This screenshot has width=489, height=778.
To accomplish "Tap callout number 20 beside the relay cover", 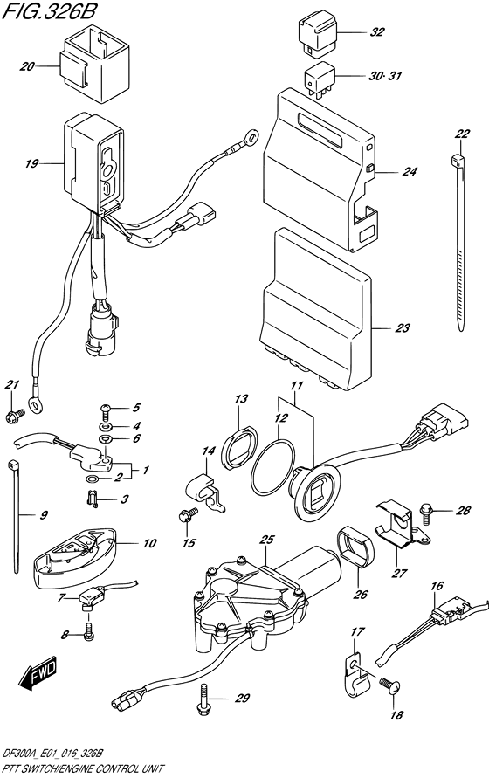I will [26, 65].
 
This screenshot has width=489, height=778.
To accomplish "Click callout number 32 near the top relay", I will [376, 33].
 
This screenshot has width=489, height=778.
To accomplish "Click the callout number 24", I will [409, 172].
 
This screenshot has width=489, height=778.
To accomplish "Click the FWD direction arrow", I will [39, 674].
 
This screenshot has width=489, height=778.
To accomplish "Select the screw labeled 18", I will [391, 688].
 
